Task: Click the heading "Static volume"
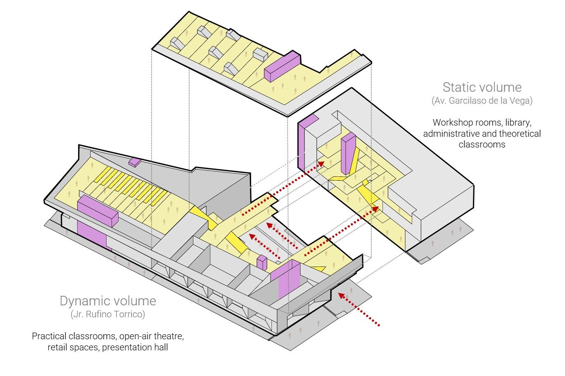pyautogui.click(x=482, y=87)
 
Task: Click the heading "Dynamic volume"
pyautogui.click(x=108, y=300)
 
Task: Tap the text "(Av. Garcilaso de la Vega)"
pyautogui.click(x=482, y=100)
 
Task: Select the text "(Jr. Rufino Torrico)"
pyautogui.click(x=108, y=314)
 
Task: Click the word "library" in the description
pyautogui.click(x=517, y=123)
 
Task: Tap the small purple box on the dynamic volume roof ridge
pyautogui.click(x=135, y=162)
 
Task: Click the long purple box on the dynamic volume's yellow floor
pyautogui.click(x=98, y=210)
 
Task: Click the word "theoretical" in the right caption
pyautogui.click(x=520, y=133)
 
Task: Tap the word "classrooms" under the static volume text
pyautogui.click(x=482, y=145)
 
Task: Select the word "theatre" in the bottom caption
pyautogui.click(x=169, y=336)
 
